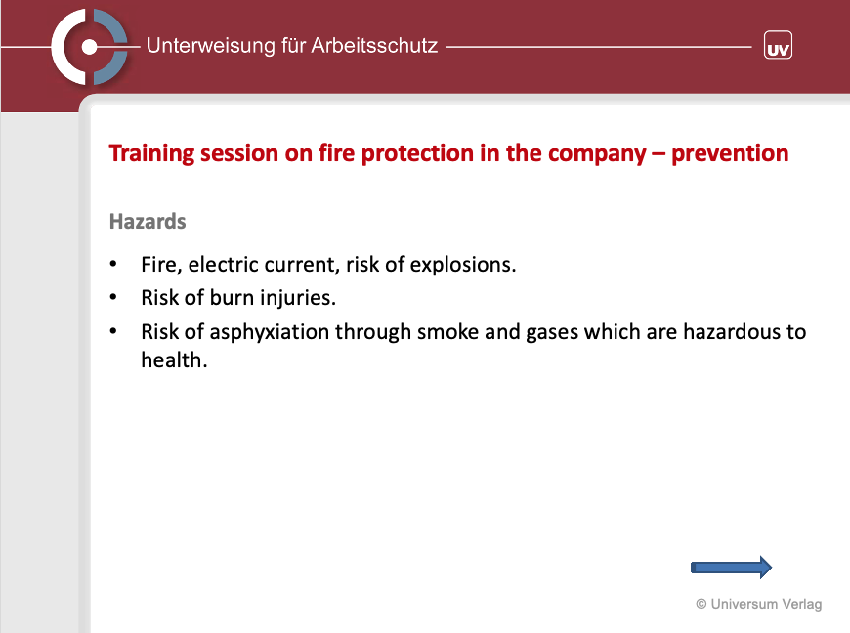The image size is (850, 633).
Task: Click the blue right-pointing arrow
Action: (731, 568)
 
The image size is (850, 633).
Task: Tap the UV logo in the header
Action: (778, 45)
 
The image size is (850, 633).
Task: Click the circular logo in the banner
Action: (90, 47)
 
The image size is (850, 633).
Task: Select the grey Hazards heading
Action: (148, 221)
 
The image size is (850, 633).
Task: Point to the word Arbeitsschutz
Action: (374, 45)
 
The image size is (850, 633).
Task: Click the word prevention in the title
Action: (730, 154)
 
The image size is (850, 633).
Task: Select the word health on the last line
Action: (174, 359)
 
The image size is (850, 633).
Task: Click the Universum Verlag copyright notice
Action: (759, 604)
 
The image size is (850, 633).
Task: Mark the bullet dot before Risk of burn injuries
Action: (112, 297)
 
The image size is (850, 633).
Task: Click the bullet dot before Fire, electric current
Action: (112, 264)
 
